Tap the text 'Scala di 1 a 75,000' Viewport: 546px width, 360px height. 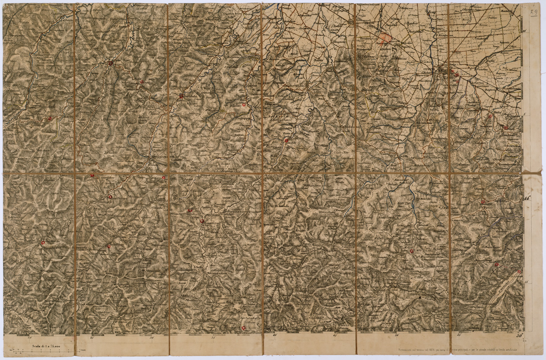[x=44, y=347]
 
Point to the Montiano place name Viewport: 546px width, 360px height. [x=486, y=121]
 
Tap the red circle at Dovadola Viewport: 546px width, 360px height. [x=181, y=96]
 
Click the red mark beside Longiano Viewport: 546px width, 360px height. [x=505, y=127]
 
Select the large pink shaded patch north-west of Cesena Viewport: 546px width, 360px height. [x=384, y=39]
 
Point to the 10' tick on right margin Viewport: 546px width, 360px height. [x=524, y=31]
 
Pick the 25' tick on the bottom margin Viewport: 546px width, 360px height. [x=91, y=338]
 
